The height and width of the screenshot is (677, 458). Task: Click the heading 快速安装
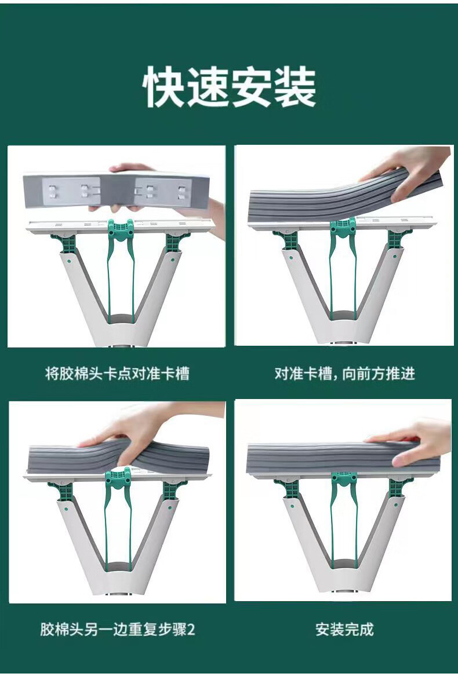click(x=229, y=86)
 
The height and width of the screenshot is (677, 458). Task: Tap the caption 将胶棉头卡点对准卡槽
click(x=117, y=373)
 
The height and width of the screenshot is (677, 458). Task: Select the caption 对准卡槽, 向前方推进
click(x=344, y=373)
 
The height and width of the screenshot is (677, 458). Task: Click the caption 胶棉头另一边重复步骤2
click(x=117, y=629)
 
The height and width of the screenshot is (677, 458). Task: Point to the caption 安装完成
click(x=344, y=629)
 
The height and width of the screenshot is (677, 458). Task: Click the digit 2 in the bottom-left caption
click(x=191, y=629)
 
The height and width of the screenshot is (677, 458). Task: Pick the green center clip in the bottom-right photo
click(x=344, y=481)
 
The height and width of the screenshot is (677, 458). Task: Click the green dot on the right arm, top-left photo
click(x=173, y=261)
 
